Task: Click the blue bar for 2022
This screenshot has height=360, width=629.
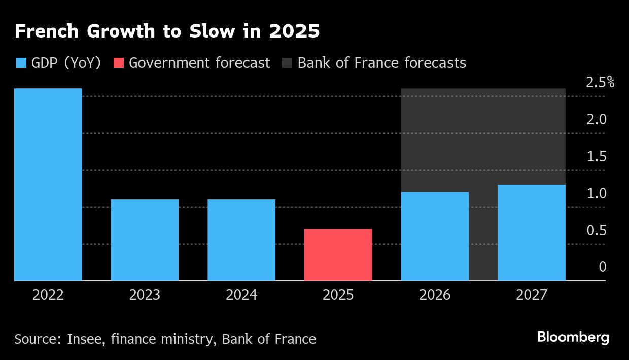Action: coord(48,185)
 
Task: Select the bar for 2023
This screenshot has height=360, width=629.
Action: coord(145,240)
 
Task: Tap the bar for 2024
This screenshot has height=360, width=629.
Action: coord(241,240)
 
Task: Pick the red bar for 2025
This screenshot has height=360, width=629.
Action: coord(338,255)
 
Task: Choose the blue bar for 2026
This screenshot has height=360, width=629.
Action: coord(435,236)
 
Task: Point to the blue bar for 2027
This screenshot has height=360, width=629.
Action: coord(531,232)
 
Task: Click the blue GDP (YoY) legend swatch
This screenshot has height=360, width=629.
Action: coord(21,63)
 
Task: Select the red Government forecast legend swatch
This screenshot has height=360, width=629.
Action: coord(118,63)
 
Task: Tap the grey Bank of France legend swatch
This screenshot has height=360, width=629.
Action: coord(287,63)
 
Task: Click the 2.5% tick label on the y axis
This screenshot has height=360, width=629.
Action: coord(600,82)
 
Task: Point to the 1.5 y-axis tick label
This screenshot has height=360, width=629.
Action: coord(597,156)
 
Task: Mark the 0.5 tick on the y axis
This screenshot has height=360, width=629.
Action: coord(597,230)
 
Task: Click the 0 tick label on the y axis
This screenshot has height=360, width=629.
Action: coord(602,267)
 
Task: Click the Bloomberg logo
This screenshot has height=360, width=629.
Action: coord(573,338)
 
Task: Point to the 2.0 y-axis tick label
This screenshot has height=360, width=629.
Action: coord(597,119)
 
